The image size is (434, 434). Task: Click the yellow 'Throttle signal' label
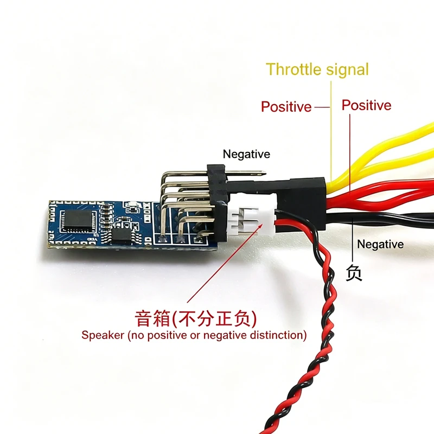point(317,69)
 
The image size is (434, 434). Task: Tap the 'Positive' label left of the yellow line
point(286,106)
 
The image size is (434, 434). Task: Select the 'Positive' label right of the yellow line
point(367,105)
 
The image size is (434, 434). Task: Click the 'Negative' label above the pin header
point(246,154)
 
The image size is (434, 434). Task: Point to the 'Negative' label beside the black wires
point(380,244)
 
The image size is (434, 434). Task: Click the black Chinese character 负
point(354,273)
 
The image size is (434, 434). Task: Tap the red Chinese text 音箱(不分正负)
point(196,318)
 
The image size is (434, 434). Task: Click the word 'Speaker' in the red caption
point(103,335)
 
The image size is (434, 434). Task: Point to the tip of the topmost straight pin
point(266,174)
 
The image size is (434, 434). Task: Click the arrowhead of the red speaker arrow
point(261,225)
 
